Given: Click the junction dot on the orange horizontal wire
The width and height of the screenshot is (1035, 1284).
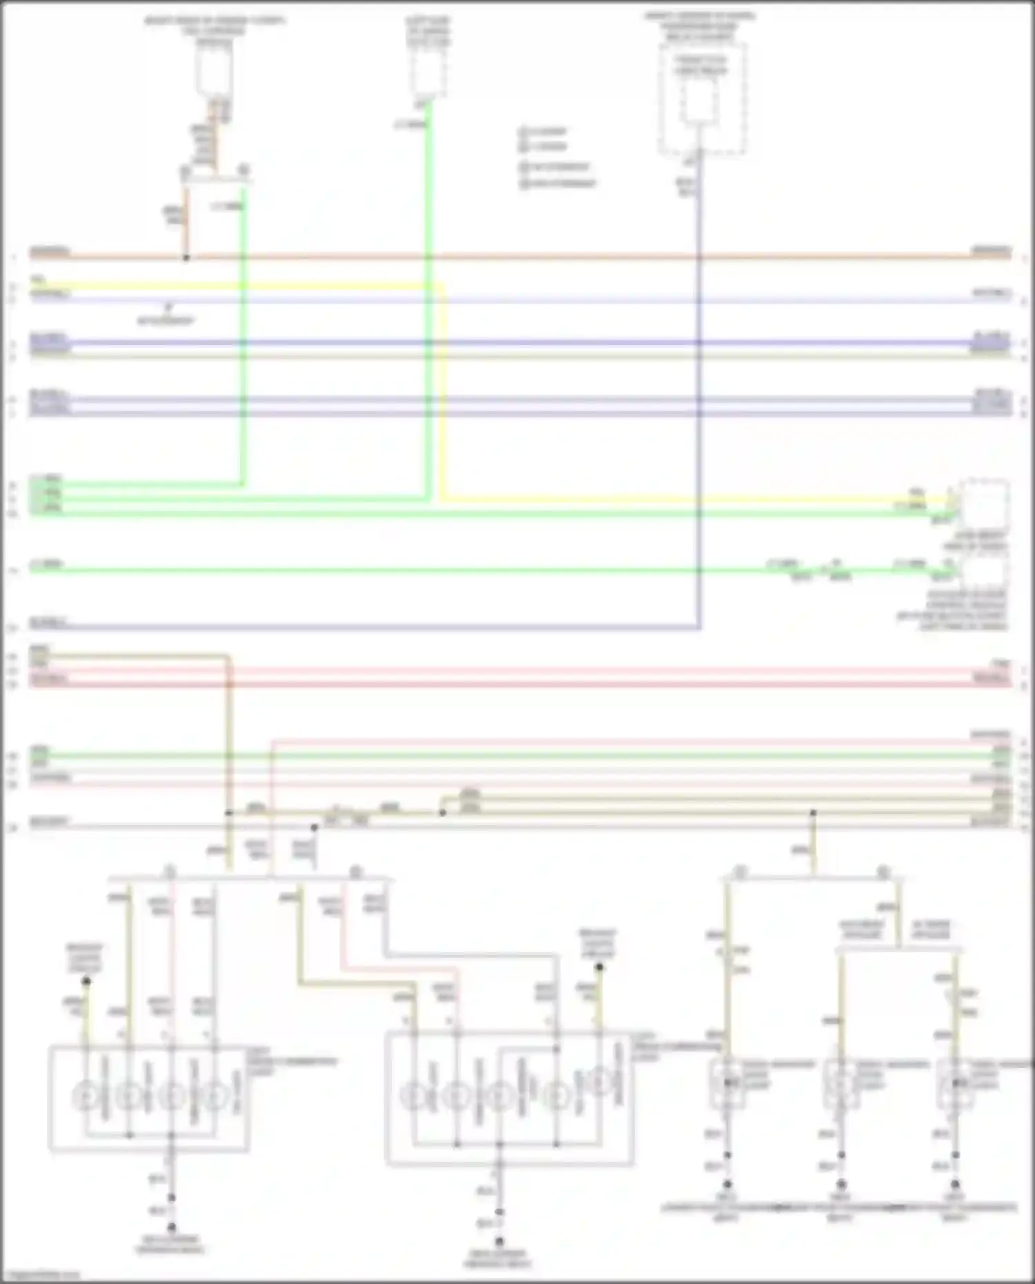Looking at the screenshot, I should (x=186, y=257).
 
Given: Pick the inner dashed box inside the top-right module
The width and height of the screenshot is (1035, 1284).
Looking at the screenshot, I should (x=701, y=100).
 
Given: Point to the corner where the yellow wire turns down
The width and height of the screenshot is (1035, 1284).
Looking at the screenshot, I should (x=442, y=286).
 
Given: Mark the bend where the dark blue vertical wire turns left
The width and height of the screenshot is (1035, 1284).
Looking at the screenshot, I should (x=700, y=627).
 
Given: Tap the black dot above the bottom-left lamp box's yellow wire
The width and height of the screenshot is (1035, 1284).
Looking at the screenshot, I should (x=86, y=980).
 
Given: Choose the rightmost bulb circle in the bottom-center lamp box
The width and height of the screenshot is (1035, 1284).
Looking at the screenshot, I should (x=602, y=1082).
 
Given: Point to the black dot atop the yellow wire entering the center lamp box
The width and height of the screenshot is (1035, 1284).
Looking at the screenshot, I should (x=599, y=967).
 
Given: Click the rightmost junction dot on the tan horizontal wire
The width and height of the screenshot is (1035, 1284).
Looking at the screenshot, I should (x=814, y=813).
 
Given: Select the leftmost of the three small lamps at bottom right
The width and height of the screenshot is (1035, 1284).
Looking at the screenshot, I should (x=727, y=1084).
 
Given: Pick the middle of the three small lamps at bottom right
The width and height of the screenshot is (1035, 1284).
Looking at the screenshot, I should (x=841, y=1084).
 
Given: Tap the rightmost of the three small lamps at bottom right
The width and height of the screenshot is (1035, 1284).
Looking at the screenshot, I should (x=955, y=1084).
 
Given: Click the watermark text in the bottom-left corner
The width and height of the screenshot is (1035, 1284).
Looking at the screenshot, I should (x=40, y=1275).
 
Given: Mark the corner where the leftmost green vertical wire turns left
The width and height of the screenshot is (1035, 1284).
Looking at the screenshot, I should (x=242, y=484).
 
